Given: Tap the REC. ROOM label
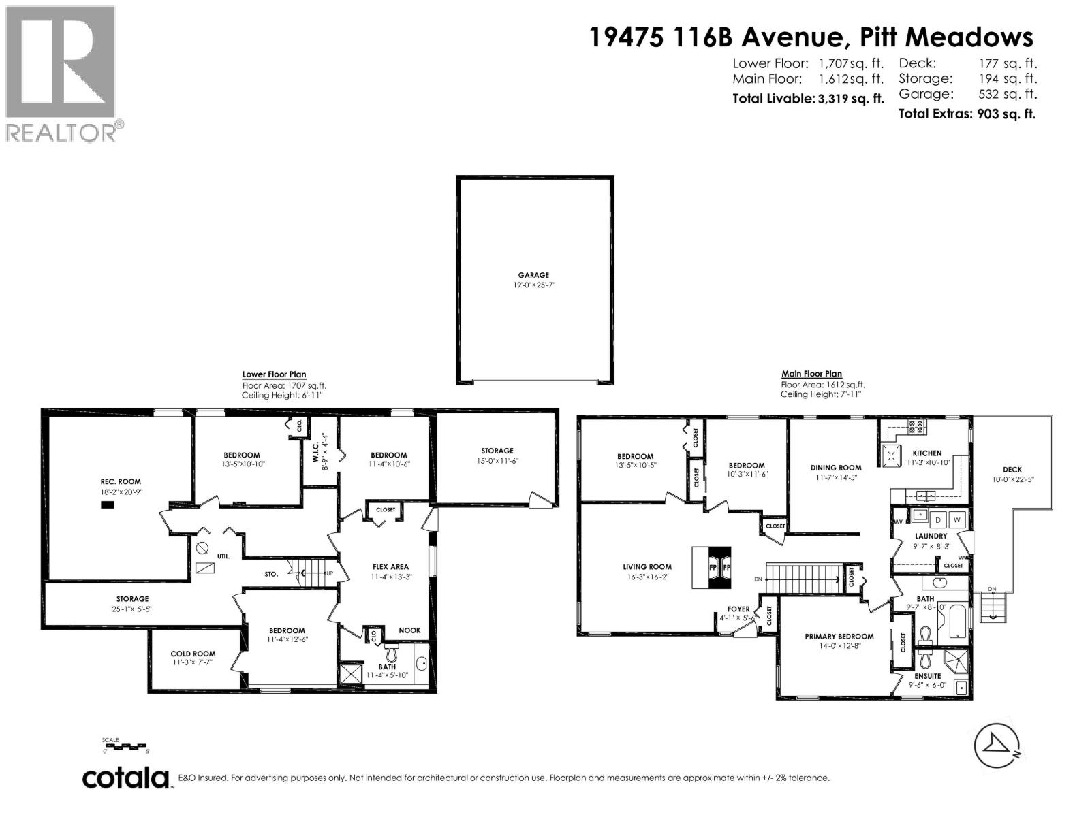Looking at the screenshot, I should click(x=121, y=481).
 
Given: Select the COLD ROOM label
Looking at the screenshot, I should click(x=193, y=654).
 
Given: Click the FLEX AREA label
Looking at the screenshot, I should click(x=390, y=566).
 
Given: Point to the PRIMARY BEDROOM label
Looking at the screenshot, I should click(x=839, y=637).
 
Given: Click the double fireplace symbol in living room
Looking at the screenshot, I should click(x=713, y=567).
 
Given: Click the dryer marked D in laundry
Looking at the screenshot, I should click(x=937, y=519).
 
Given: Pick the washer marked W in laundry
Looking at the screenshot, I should click(x=957, y=519).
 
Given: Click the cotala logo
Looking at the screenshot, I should click(x=127, y=778).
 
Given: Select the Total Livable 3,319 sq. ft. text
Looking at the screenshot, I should click(x=808, y=99).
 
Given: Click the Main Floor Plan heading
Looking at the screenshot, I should click(x=811, y=374).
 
